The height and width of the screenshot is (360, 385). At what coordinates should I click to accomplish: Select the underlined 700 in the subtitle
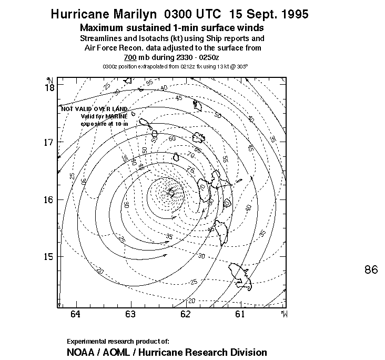tap(130, 58)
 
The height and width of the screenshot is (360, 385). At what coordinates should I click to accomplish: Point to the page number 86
tap(371, 270)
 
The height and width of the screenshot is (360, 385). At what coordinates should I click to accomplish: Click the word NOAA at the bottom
tap(82, 352)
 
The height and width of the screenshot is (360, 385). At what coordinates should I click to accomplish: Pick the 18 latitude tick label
tap(49, 87)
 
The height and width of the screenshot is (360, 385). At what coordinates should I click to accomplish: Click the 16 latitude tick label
tap(49, 200)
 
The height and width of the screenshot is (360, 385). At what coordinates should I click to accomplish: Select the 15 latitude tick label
tap(49, 257)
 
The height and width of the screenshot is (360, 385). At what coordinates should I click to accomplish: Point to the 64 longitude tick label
tap(75, 315)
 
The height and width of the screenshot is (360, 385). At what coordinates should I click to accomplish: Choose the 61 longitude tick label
tap(240, 315)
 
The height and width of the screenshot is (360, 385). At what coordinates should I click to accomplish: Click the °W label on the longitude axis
tap(284, 315)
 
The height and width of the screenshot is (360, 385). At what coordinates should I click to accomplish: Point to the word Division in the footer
tap(249, 352)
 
